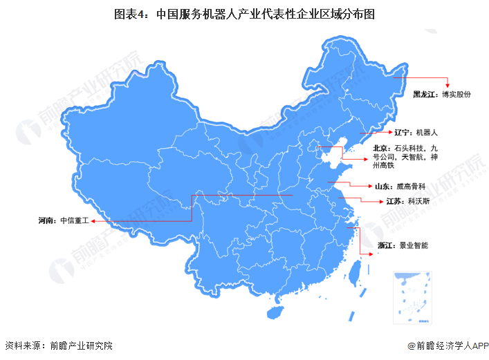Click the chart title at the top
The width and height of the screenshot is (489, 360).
click(x=243, y=13)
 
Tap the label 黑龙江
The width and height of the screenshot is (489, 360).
click(x=425, y=94)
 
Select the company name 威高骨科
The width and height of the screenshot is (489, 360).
click(x=412, y=187)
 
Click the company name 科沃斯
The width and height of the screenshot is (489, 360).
click(x=418, y=202)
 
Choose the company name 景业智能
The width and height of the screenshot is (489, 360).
click(x=416, y=245)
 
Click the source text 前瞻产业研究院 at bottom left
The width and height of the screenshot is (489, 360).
click(x=77, y=345)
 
